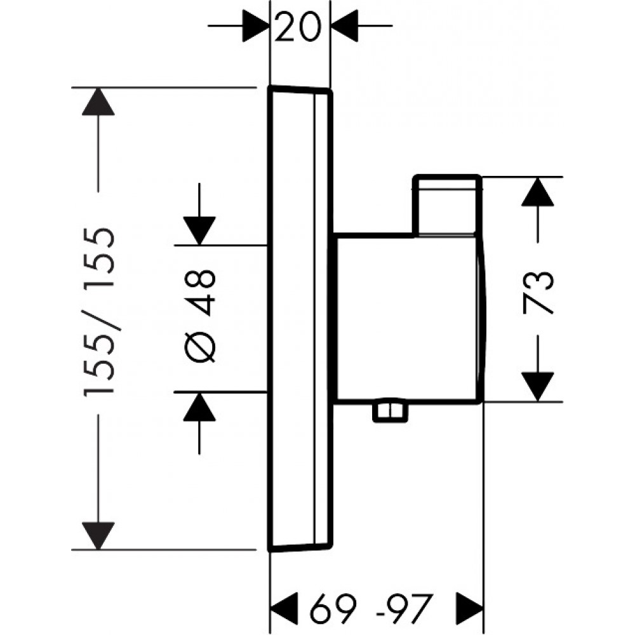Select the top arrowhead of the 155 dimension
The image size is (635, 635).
tap(98, 101)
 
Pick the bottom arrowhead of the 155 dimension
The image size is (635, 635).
tap(98, 535)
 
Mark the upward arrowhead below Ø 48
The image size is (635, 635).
tap(199, 407)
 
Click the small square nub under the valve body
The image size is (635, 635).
tap(389, 411)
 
